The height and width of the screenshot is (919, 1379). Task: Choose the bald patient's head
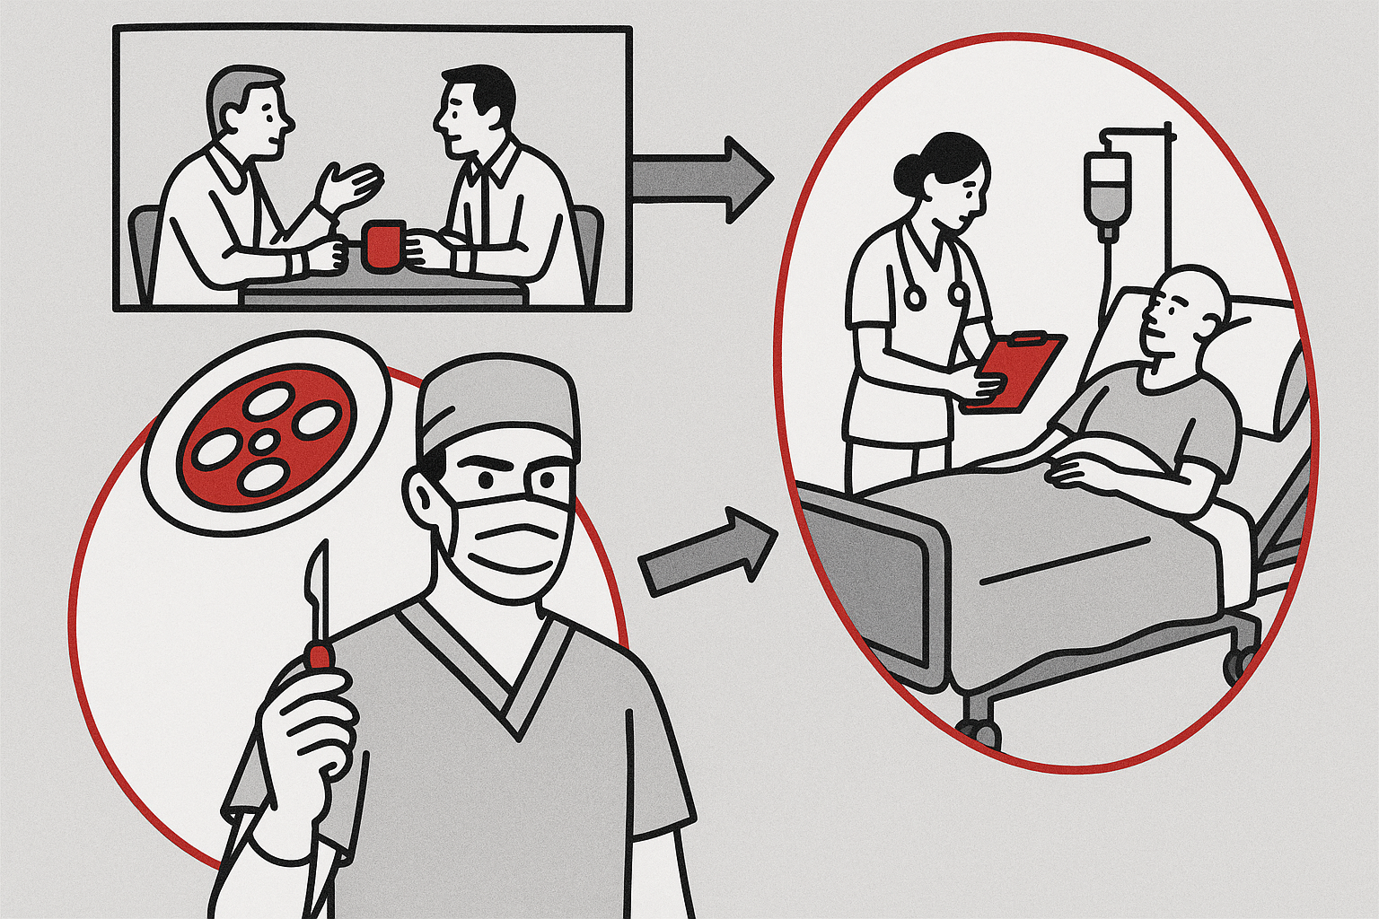pyautogui.click(x=1185, y=310)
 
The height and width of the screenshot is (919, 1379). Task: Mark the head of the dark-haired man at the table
pyautogui.click(x=471, y=108)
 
